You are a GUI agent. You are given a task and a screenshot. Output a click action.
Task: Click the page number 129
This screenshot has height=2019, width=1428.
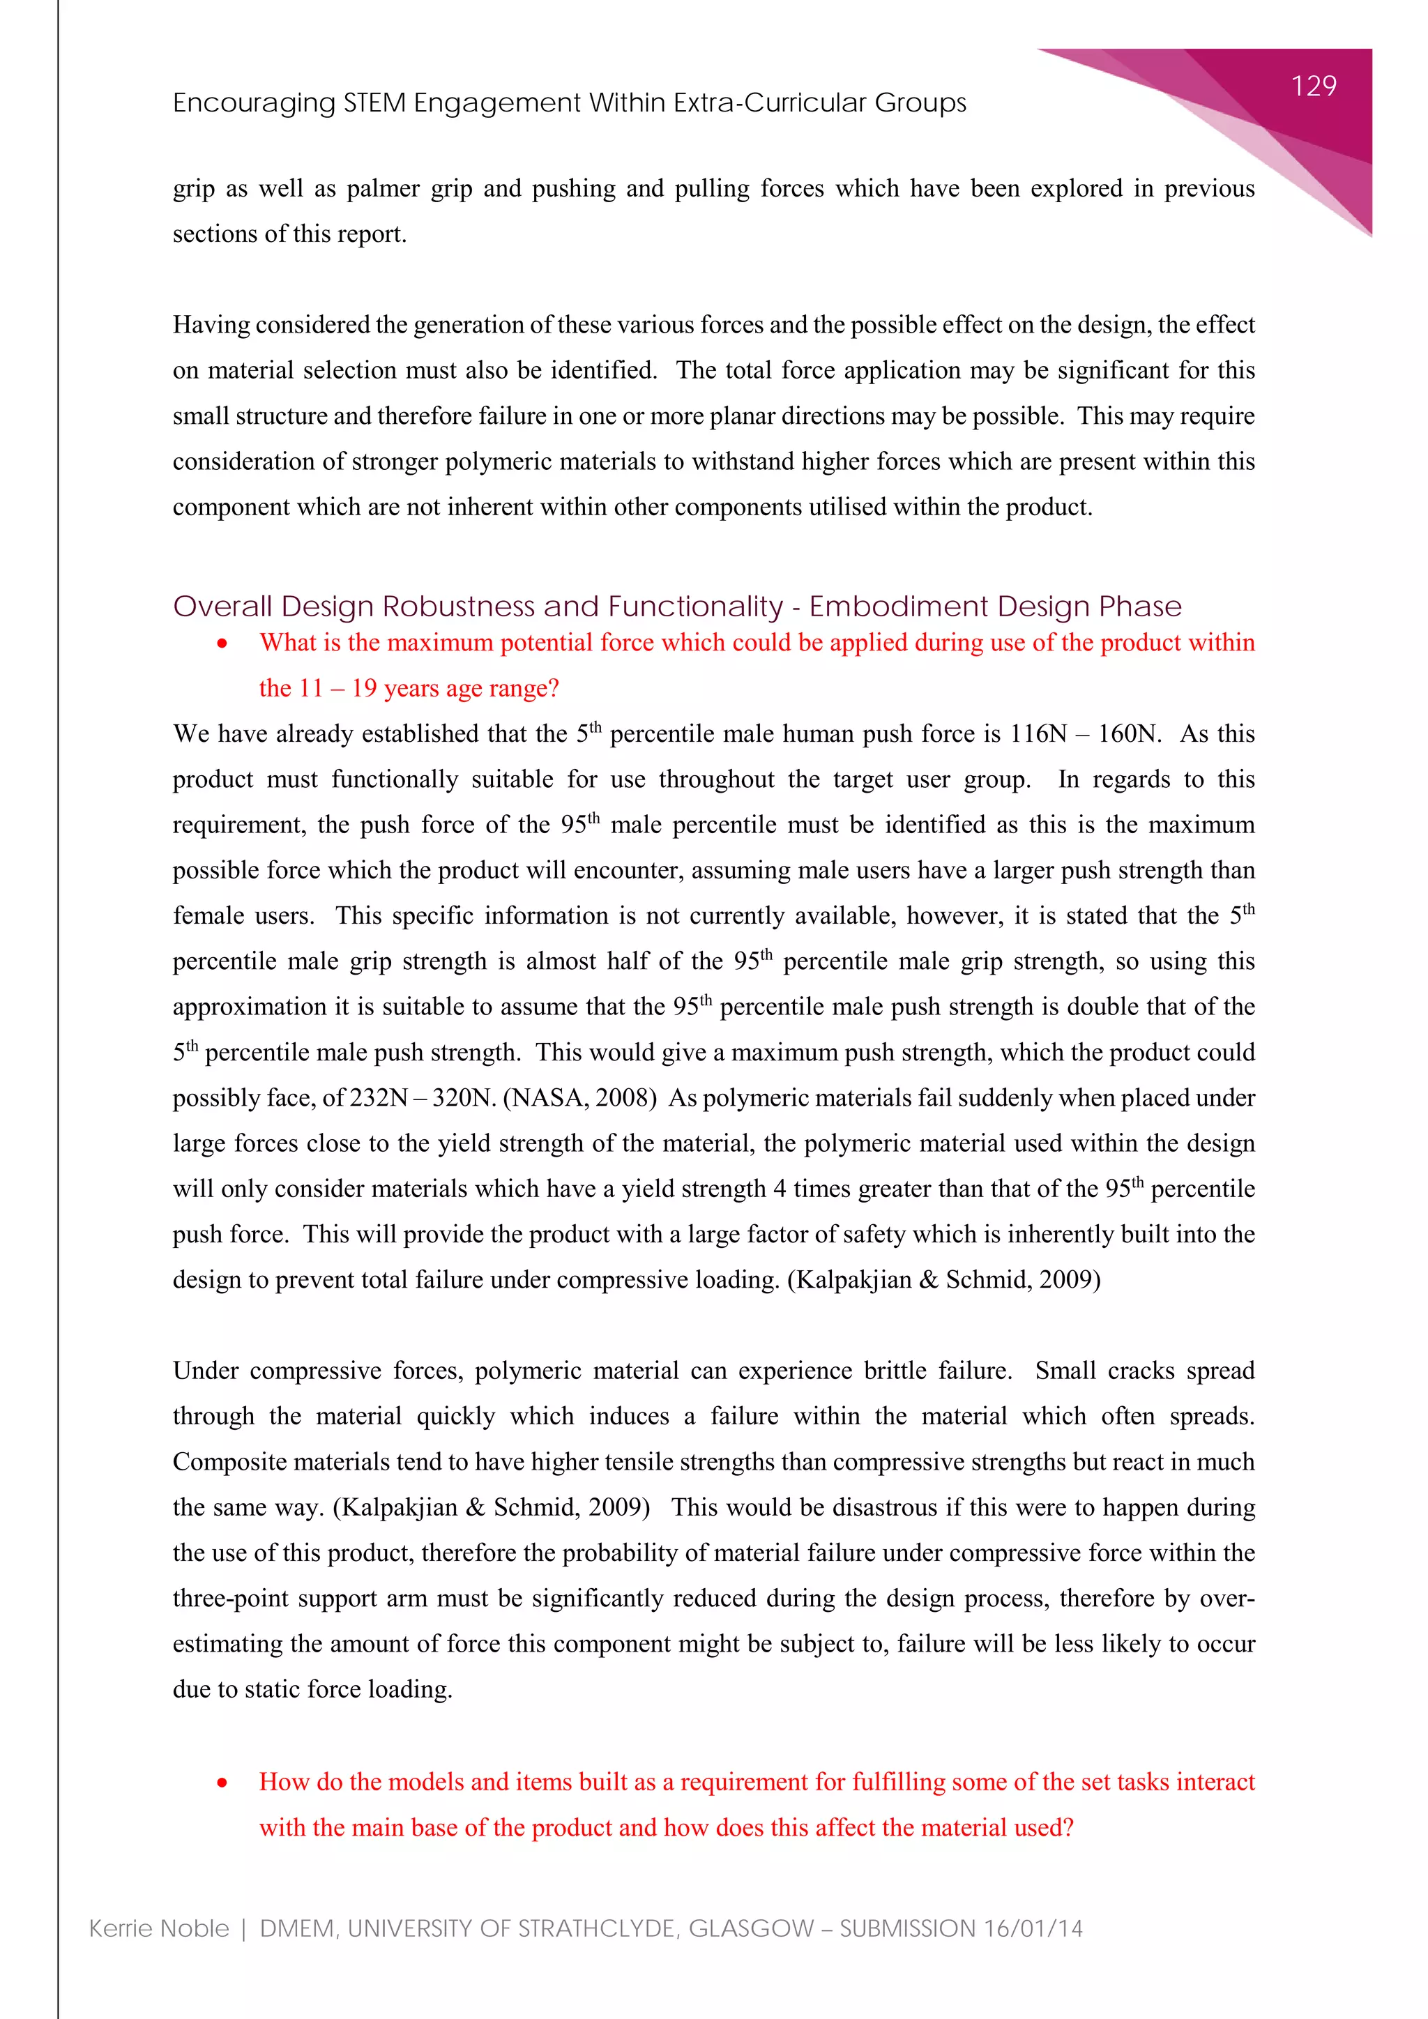(x=1314, y=86)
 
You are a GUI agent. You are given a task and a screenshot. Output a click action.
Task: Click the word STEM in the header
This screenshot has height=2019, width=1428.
(x=374, y=104)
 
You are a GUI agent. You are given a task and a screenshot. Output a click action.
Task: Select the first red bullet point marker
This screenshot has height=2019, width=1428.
(x=222, y=643)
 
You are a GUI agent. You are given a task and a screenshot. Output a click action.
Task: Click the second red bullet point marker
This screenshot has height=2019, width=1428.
(x=222, y=1783)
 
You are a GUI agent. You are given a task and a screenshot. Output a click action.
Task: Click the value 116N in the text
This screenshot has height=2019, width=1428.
(x=1038, y=734)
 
